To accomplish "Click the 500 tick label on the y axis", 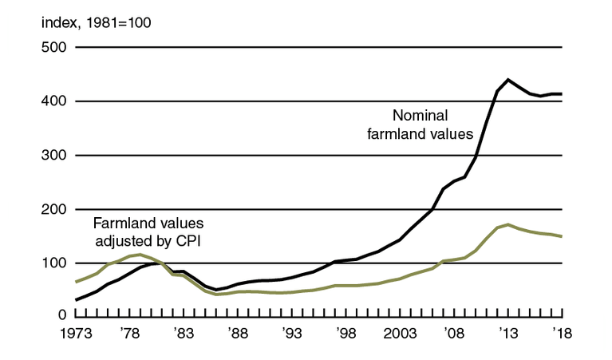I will pyautogui.click(x=53, y=47).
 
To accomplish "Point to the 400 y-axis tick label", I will pyautogui.click(x=53, y=101).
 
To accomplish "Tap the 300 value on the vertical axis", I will pyautogui.click(x=53, y=155).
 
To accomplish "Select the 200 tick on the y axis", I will pyautogui.click(x=53, y=209).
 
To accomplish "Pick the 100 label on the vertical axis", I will pyautogui.click(x=53, y=263).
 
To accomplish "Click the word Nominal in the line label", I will pyautogui.click(x=417, y=114).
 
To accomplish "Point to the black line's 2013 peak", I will pyautogui.click(x=508, y=80).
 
